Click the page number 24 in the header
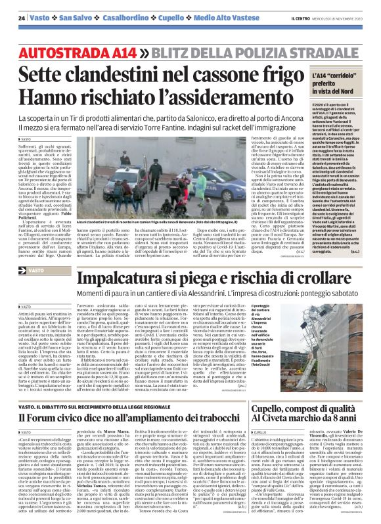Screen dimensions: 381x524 [22, 17]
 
